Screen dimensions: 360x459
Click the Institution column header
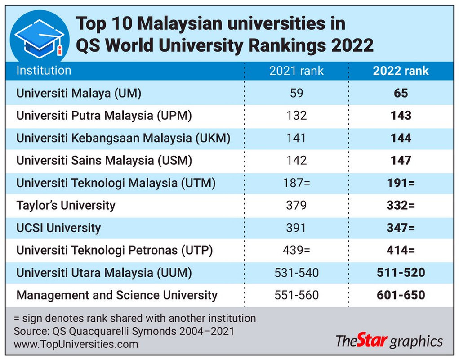(44, 71)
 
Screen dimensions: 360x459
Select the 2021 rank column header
(296, 71)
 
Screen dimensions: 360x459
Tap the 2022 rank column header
(401, 71)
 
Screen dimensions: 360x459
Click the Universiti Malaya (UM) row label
(79, 93)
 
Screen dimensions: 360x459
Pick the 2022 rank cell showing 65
(401, 93)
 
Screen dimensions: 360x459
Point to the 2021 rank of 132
(296, 116)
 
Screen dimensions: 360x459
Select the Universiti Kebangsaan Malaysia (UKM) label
(123, 138)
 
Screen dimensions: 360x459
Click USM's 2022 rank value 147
(401, 161)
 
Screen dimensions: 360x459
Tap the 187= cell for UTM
(296, 183)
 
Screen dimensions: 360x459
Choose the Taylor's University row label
(66, 206)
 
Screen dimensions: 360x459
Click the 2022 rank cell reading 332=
(401, 206)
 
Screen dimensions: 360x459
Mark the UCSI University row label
(58, 228)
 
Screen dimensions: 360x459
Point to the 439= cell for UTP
(296, 250)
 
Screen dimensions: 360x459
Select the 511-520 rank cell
(401, 273)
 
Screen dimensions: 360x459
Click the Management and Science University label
(117, 295)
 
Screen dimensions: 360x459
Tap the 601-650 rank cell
(401, 295)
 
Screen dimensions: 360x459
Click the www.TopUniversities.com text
(76, 344)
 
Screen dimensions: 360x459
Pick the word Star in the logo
(372, 341)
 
